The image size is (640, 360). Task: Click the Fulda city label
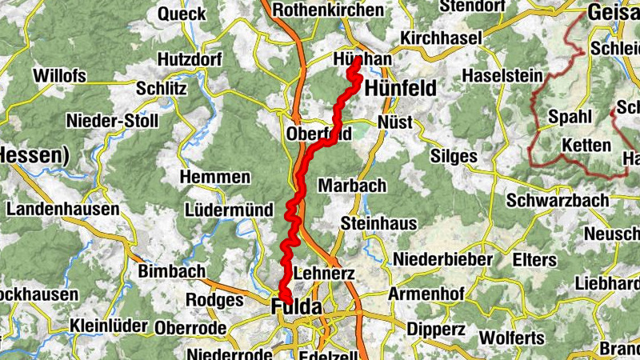click(x=297, y=306)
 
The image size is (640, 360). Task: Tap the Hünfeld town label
click(x=401, y=89)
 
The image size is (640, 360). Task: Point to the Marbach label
click(x=352, y=186)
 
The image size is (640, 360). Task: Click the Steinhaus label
click(x=378, y=223)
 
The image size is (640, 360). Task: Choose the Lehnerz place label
click(x=324, y=274)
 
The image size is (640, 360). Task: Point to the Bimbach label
click(x=172, y=271)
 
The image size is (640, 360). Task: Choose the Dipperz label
click(x=435, y=327)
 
